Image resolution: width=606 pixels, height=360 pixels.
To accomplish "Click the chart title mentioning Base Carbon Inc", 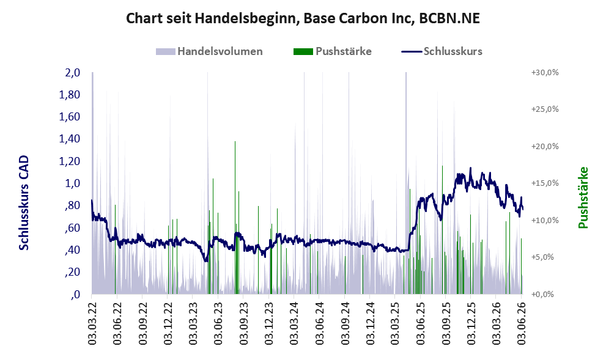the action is tap(303, 18).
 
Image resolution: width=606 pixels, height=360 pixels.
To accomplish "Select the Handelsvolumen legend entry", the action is tap(209, 51).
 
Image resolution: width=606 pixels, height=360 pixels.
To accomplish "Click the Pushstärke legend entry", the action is tap(333, 51).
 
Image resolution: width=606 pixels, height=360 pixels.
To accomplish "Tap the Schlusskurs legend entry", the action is tap(442, 51).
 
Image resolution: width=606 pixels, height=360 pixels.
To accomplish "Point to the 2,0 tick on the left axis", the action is tap(72, 73).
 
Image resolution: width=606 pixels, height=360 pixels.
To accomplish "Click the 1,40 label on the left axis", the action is tap(70, 139).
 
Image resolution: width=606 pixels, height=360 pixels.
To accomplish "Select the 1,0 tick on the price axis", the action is tap(72, 183).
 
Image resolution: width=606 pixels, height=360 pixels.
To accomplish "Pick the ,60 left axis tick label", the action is tap(72, 227).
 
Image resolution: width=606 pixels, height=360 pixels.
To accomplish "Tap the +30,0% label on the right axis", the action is tap(545, 73).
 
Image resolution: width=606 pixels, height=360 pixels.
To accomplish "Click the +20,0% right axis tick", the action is tap(545, 147).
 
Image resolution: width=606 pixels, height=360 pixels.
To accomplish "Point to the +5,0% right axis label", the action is tap(547, 257).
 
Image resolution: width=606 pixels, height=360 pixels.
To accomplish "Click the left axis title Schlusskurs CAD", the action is tap(24, 203).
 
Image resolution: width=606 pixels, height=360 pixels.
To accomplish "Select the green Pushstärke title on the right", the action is tap(583, 198).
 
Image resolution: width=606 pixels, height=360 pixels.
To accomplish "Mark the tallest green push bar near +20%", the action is tap(235, 218).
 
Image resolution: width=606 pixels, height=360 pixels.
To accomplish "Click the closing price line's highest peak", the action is tap(470, 168).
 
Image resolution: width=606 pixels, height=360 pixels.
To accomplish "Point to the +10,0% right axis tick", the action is tap(545, 220).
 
